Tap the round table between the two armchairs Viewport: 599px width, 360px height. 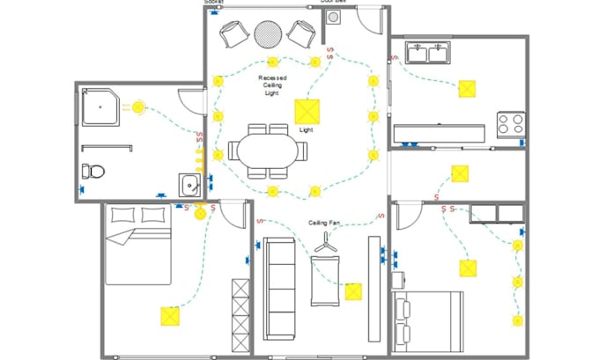pos(268,34)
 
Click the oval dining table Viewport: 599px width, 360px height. pos(269,147)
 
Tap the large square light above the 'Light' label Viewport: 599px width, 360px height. pos(307,111)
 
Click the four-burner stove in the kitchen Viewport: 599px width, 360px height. pos(511,123)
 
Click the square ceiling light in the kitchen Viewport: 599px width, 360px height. pos(467,88)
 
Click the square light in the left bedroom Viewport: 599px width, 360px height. pos(167,317)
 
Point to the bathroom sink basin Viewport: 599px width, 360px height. pos(191,185)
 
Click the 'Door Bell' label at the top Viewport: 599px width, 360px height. pos(333,3)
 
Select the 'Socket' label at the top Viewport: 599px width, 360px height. pos(214,3)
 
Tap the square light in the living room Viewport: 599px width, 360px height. pos(353,291)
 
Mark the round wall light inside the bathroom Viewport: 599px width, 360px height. pos(138,107)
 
